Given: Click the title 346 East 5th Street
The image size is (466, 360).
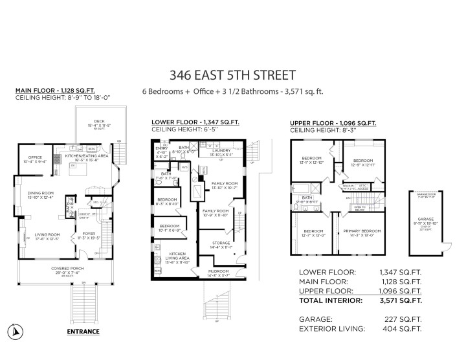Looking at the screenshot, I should click(232, 75).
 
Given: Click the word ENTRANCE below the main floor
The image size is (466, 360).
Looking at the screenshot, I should click(83, 332).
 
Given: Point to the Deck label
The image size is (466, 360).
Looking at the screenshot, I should click(99, 120).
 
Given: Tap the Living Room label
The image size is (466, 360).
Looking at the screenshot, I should click(43, 234).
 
